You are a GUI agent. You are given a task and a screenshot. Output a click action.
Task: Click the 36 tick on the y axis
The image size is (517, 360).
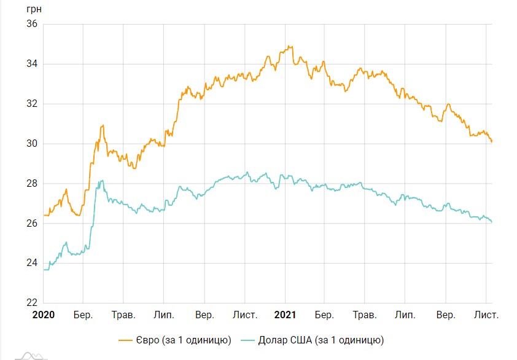pos(32,24)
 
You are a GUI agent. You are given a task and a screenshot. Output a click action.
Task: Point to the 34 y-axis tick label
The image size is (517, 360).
pos(32,64)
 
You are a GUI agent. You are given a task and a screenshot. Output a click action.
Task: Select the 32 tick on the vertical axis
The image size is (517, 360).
pos(32,104)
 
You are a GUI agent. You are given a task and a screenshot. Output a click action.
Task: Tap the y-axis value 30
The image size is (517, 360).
pos(32,144)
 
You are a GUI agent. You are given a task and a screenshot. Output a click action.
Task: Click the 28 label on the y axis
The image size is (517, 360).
pos(32,184)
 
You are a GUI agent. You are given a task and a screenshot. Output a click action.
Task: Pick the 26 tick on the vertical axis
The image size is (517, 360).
pos(32,224)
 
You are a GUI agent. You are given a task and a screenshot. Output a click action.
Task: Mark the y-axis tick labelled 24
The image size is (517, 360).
pos(32,264)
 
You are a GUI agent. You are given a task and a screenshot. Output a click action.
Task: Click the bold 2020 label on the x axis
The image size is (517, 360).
pos(43,315)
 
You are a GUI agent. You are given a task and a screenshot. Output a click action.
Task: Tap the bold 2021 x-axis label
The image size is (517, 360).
pos(285,315)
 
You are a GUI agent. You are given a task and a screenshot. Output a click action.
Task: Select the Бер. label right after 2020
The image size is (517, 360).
pos(83,315)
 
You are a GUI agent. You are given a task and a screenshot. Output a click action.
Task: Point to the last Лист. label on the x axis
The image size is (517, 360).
pos(487,315)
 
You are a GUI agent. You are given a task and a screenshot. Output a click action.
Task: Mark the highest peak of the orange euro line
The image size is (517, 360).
pos(290,46)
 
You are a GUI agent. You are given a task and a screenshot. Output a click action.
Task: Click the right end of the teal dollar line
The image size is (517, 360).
pos(492,222)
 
